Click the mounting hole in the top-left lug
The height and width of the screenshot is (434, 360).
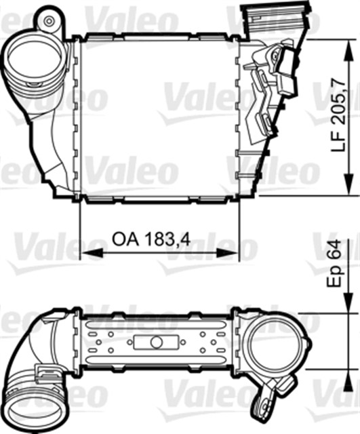49,21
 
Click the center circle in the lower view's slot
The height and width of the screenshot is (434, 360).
156,342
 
